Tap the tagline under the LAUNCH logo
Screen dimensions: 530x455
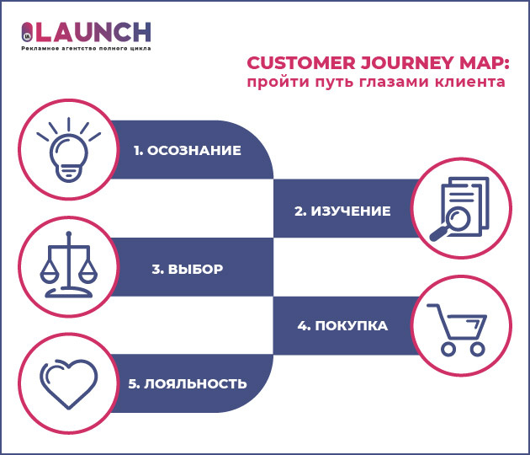point(86,50)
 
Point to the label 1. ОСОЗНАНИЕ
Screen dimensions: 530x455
point(187,151)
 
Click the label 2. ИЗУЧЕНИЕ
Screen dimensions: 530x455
point(342,211)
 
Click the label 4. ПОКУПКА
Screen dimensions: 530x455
point(342,325)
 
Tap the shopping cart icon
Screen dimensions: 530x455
point(458,328)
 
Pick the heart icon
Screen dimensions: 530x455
point(66,381)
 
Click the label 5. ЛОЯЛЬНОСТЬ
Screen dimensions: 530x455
point(188,383)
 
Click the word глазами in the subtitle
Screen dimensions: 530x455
point(395,83)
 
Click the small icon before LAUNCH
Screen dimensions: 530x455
point(27,33)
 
